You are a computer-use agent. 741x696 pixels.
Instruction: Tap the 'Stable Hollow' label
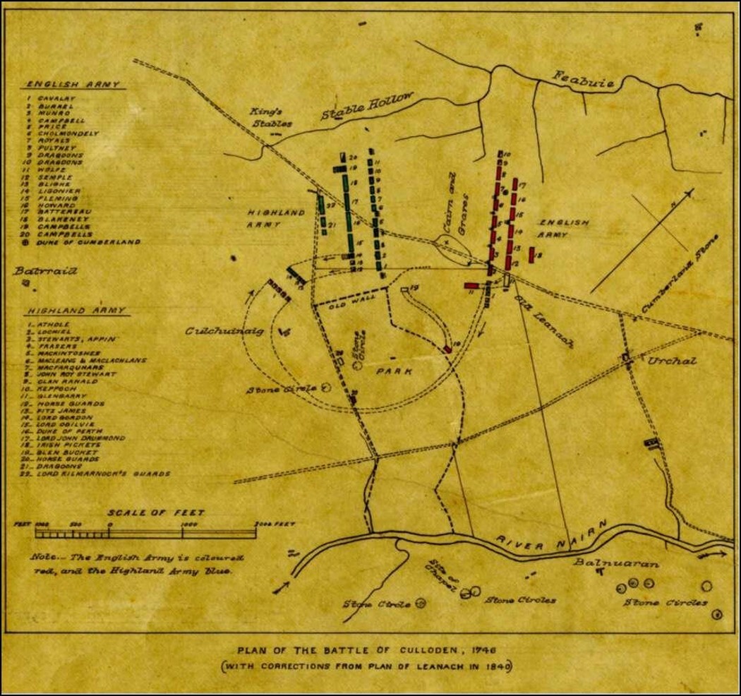pyautogui.click(x=366, y=109)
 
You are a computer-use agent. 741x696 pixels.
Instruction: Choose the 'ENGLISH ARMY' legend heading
pyautogui.click(x=73, y=84)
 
